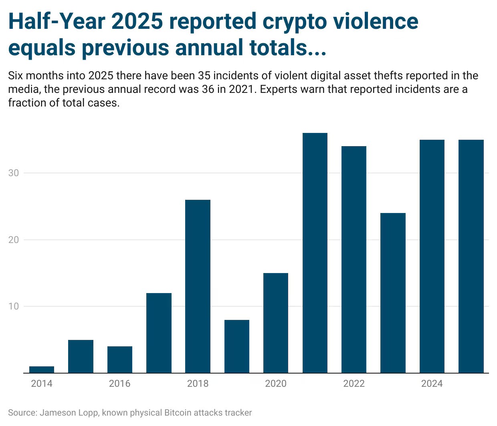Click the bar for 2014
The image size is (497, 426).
pos(42,370)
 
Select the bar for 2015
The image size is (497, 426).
pos(81,356)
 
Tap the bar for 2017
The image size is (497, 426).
pos(159,333)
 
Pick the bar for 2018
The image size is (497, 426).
pos(198,286)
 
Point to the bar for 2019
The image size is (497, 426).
pos(237,346)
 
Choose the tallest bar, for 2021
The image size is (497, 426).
pos(315,253)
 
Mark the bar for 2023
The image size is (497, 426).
pos(393,293)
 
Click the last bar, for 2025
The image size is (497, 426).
pos(471,256)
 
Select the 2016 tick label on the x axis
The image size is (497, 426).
pos(120,384)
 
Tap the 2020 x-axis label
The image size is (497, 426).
pos(276,384)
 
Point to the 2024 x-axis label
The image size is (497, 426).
pos(432,384)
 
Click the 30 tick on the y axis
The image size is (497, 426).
pos(14,173)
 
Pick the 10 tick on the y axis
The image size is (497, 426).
pos(14,306)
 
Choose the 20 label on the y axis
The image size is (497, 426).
pos(14,240)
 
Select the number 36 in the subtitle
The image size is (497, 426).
pos(208,89)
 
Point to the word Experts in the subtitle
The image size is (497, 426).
pos(280,89)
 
